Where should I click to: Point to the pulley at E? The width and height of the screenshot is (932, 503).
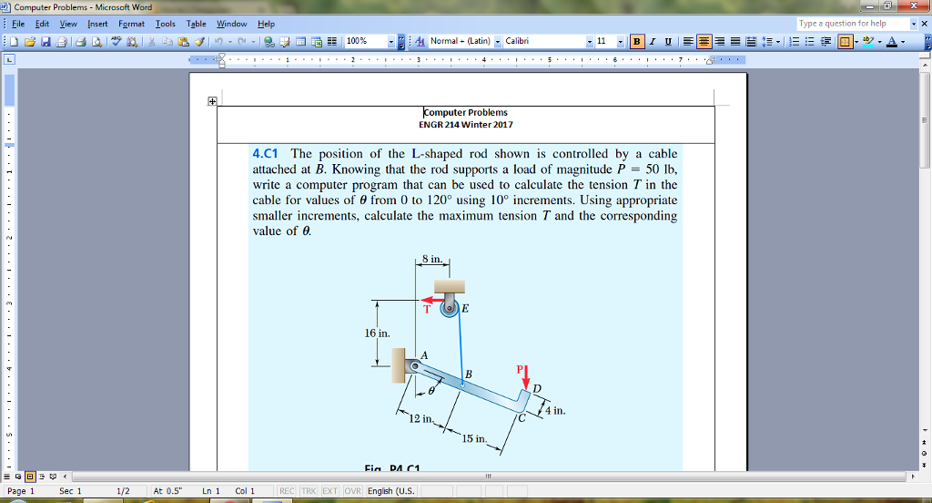coord(449,308)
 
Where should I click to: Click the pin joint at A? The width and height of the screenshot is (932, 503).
coord(415,365)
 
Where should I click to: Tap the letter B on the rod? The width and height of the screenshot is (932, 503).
coord(469,374)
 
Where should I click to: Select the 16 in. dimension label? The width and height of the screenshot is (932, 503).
coord(376,333)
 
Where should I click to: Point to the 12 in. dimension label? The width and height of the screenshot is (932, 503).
coord(422,418)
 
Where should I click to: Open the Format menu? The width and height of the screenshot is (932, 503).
coord(132,24)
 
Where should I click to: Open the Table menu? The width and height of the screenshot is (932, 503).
coord(196,24)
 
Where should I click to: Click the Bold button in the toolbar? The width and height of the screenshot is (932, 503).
coord(637,41)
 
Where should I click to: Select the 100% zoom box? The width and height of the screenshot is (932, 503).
coord(364,41)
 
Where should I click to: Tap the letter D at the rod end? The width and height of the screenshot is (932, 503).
coord(537,389)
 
